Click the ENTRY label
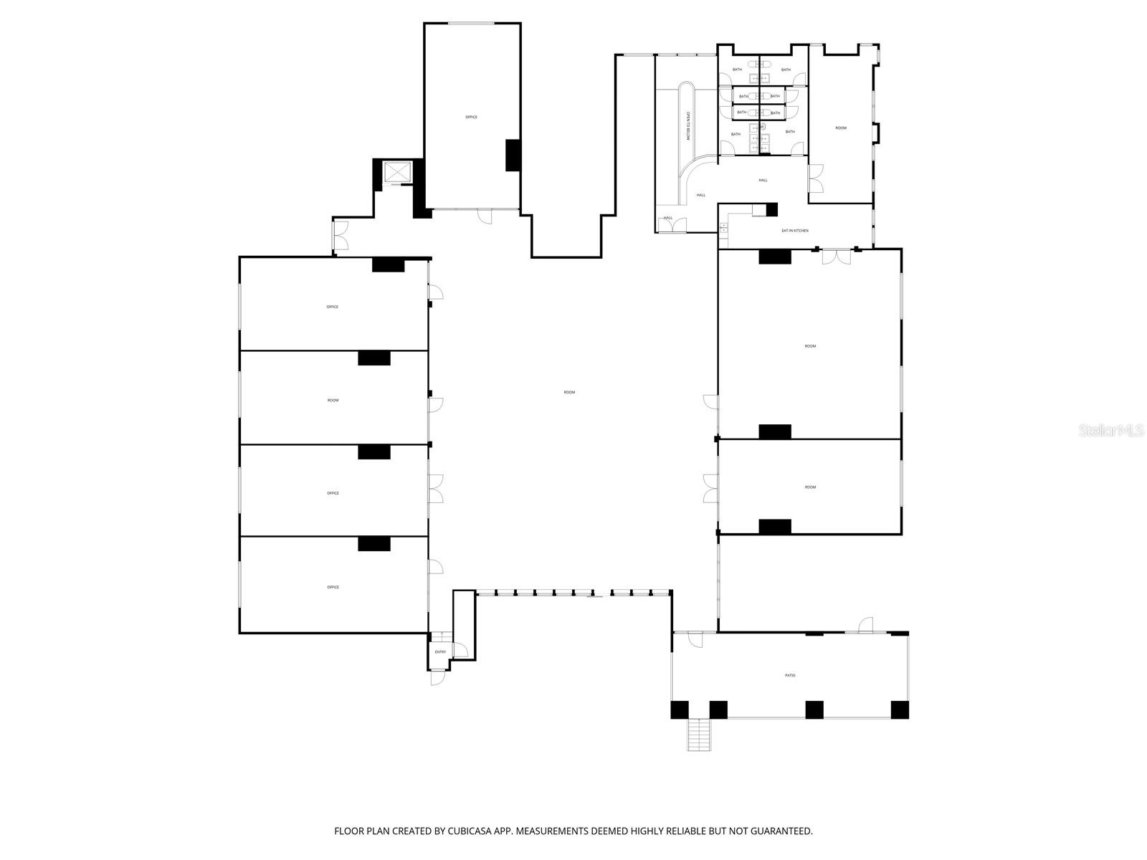[440, 652]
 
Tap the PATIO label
[790, 675]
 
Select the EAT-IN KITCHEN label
[795, 231]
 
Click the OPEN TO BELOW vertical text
[687, 126]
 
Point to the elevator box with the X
[398, 173]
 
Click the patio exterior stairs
[699, 735]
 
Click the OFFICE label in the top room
[471, 117]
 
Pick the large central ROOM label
[569, 392]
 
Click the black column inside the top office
[513, 155]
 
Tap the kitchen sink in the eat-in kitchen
[723, 227]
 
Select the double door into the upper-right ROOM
[816, 178]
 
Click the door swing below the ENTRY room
[437, 677]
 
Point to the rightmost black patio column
[900, 709]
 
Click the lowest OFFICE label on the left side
[333, 587]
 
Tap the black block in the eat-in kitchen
[772, 210]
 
